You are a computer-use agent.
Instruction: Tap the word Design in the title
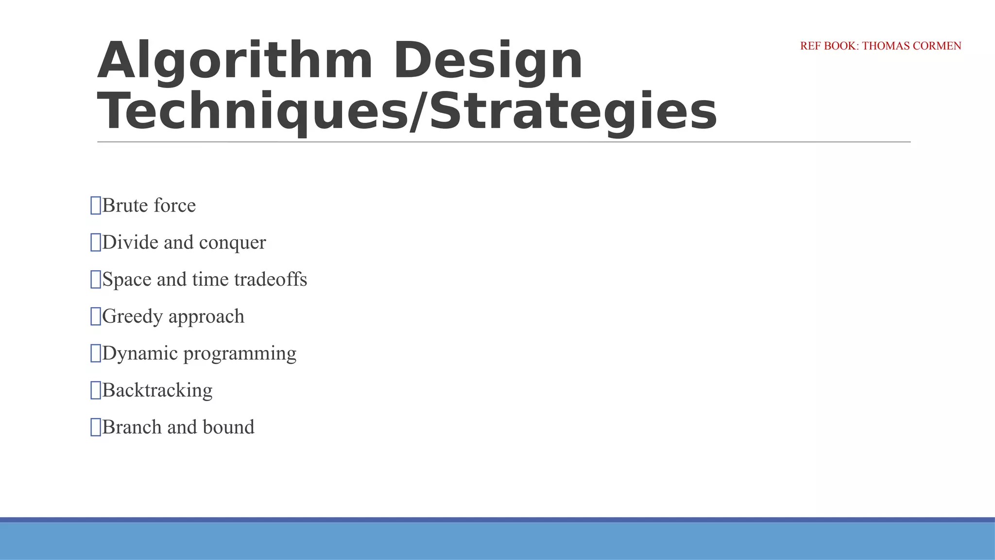pos(488,61)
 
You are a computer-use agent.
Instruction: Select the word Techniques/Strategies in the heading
pos(407,112)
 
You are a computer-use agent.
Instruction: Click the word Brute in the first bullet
pos(125,206)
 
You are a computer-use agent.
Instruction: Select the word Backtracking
pos(157,390)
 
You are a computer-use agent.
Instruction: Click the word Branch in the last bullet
pos(132,427)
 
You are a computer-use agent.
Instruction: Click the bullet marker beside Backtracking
pos(96,390)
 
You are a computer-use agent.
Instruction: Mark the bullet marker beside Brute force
pos(96,206)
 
